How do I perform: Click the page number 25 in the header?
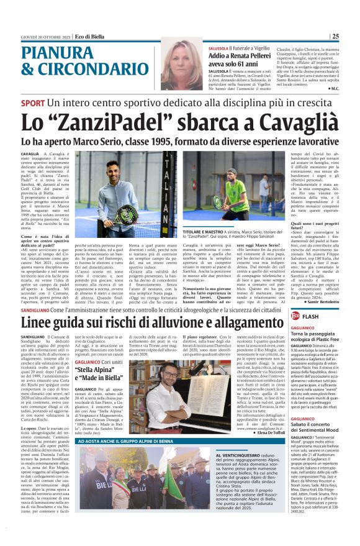[352, 36]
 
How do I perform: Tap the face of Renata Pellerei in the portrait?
[185, 64]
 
